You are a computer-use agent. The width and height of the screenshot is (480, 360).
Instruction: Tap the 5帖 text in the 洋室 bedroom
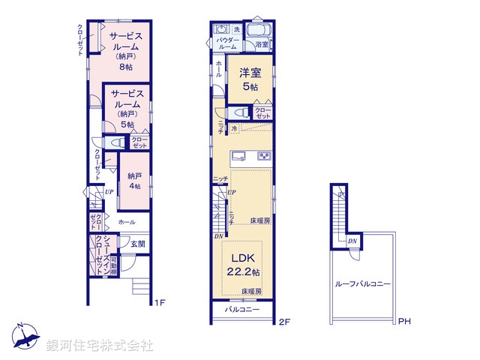249,87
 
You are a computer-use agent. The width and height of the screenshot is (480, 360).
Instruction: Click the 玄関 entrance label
137,243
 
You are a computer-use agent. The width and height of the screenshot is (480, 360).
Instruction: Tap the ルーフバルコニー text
363,284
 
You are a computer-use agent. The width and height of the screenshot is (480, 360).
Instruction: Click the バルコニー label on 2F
242,310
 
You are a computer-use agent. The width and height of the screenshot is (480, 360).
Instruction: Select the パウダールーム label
226,43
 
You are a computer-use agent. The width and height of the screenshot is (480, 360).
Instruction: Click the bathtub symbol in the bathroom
259,31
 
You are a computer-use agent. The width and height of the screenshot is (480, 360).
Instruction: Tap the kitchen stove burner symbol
264,156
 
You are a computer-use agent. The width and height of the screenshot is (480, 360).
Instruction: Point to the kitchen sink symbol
238,156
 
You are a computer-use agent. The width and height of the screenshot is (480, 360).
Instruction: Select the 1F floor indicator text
159,303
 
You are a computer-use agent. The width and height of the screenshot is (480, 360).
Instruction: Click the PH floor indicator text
404,322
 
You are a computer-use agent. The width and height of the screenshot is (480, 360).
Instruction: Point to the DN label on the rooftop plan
352,241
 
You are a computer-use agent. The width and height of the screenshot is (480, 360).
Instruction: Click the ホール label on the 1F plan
126,223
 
